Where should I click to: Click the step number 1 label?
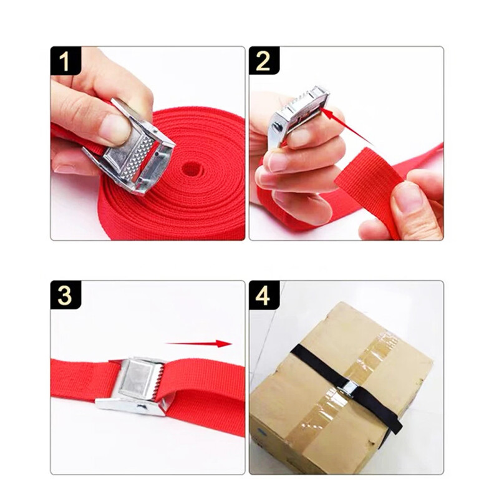click(x=64, y=61)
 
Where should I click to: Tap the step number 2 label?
click(x=263, y=61)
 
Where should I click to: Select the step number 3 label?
click(x=65, y=295)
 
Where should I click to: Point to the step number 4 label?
click(x=263, y=295)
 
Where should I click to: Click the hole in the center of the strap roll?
click(x=192, y=168)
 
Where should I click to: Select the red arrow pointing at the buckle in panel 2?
click(x=347, y=126)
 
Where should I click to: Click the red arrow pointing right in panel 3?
click(x=198, y=344)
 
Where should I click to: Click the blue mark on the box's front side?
click(x=263, y=432)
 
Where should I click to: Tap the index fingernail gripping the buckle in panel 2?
click(x=298, y=137)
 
